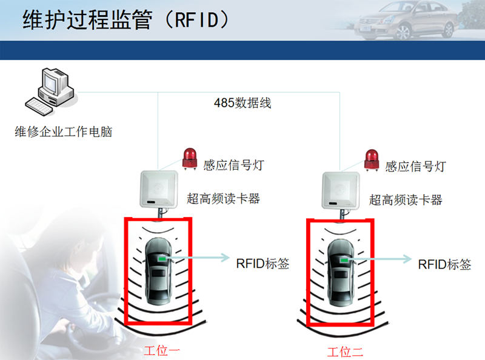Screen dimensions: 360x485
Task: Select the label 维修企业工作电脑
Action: pos(64,132)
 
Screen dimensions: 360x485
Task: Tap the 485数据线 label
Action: pos(242,102)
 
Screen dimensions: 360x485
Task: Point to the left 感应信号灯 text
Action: pos(233,165)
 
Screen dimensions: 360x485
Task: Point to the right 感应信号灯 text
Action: pos(415,165)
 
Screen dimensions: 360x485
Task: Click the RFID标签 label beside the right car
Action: pos(444,264)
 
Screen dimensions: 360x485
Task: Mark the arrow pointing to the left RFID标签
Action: pos(200,258)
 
